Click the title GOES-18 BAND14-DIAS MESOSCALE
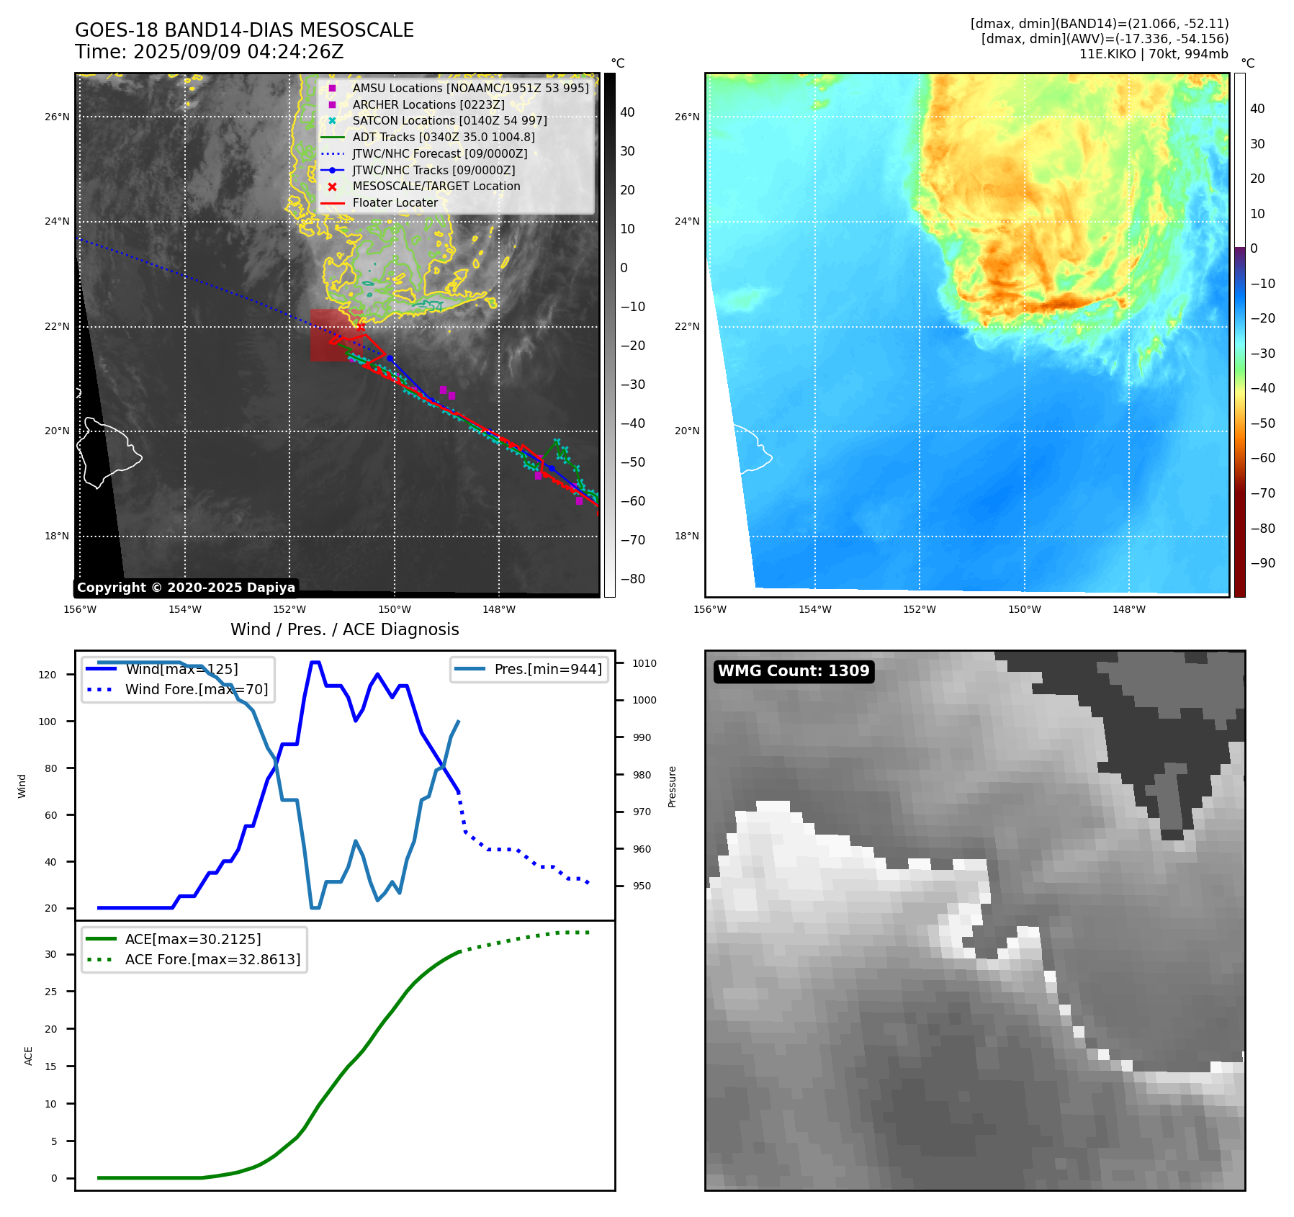244,30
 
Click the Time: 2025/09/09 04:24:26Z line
210,52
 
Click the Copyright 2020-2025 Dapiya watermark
186,588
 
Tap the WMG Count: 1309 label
794,671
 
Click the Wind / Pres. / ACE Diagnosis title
344,629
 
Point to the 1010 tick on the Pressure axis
644,663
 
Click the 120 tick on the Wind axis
47,675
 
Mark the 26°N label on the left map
57,117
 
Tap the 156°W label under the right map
709,609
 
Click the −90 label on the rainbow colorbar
1262,563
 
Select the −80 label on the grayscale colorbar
633,579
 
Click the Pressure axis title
672,786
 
